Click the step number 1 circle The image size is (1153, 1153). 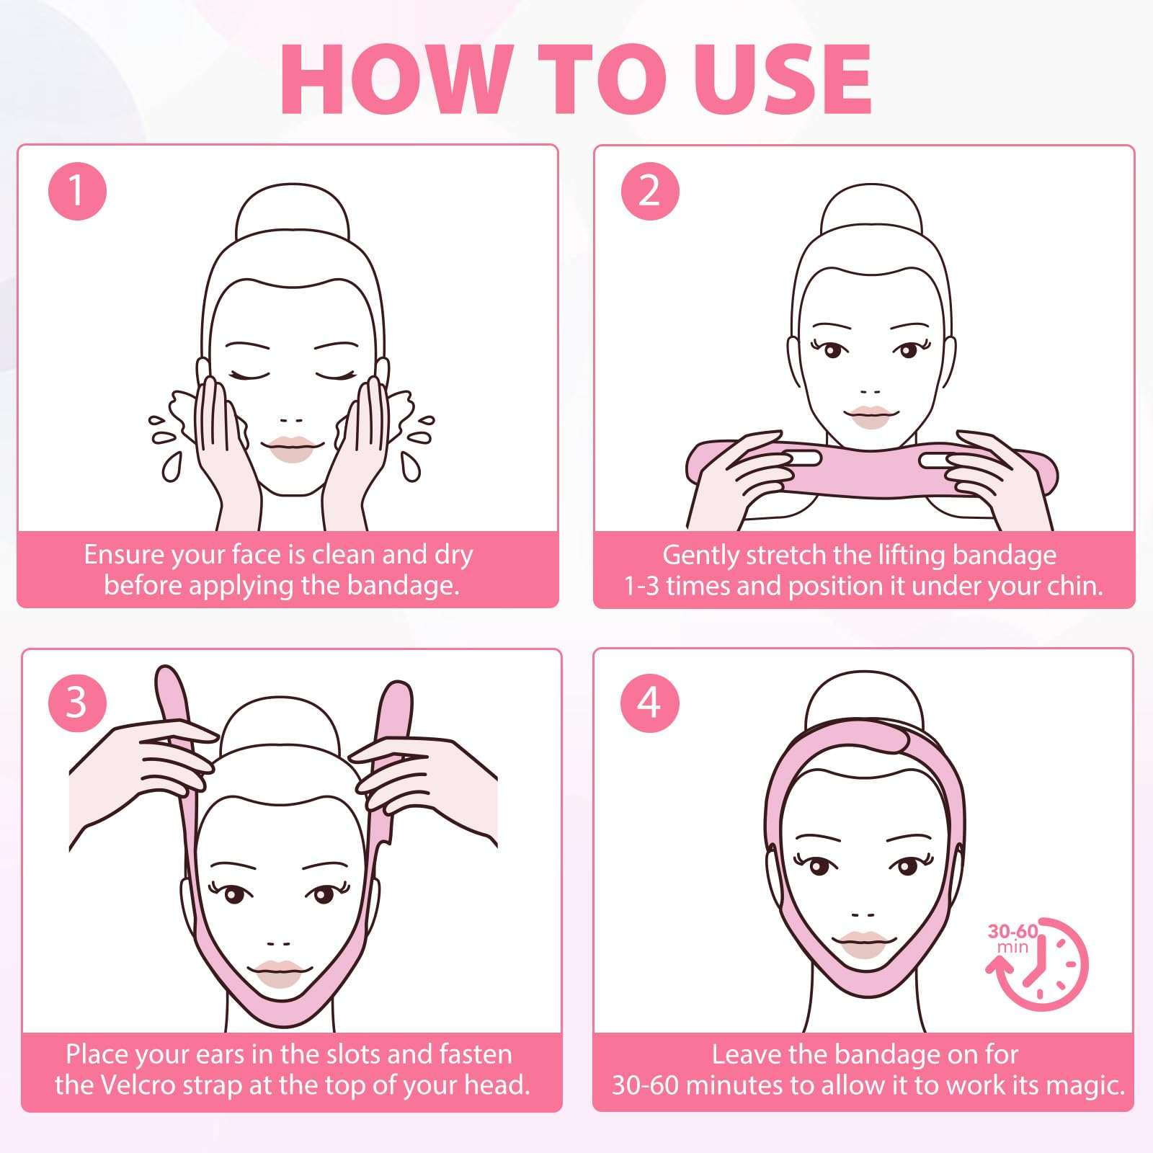[77, 191]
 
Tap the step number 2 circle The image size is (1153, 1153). [649, 191]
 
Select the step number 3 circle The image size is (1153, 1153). [77, 701]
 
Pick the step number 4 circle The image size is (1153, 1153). [649, 701]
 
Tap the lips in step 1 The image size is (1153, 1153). [293, 448]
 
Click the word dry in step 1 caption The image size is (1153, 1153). [453, 555]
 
